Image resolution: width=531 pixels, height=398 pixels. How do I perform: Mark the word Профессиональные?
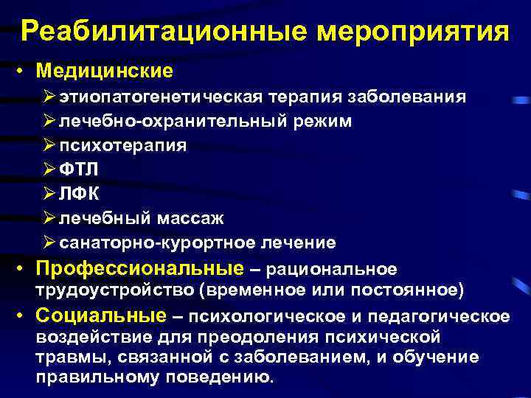click(x=139, y=268)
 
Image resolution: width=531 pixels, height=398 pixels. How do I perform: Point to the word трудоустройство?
click(x=114, y=290)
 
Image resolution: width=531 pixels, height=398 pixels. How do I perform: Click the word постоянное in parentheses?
click(x=414, y=290)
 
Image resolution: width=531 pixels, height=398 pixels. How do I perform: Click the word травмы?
click(x=67, y=357)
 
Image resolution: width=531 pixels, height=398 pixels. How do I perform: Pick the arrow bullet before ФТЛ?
click(x=49, y=170)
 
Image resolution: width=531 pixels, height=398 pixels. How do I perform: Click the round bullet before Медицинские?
click(x=24, y=72)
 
